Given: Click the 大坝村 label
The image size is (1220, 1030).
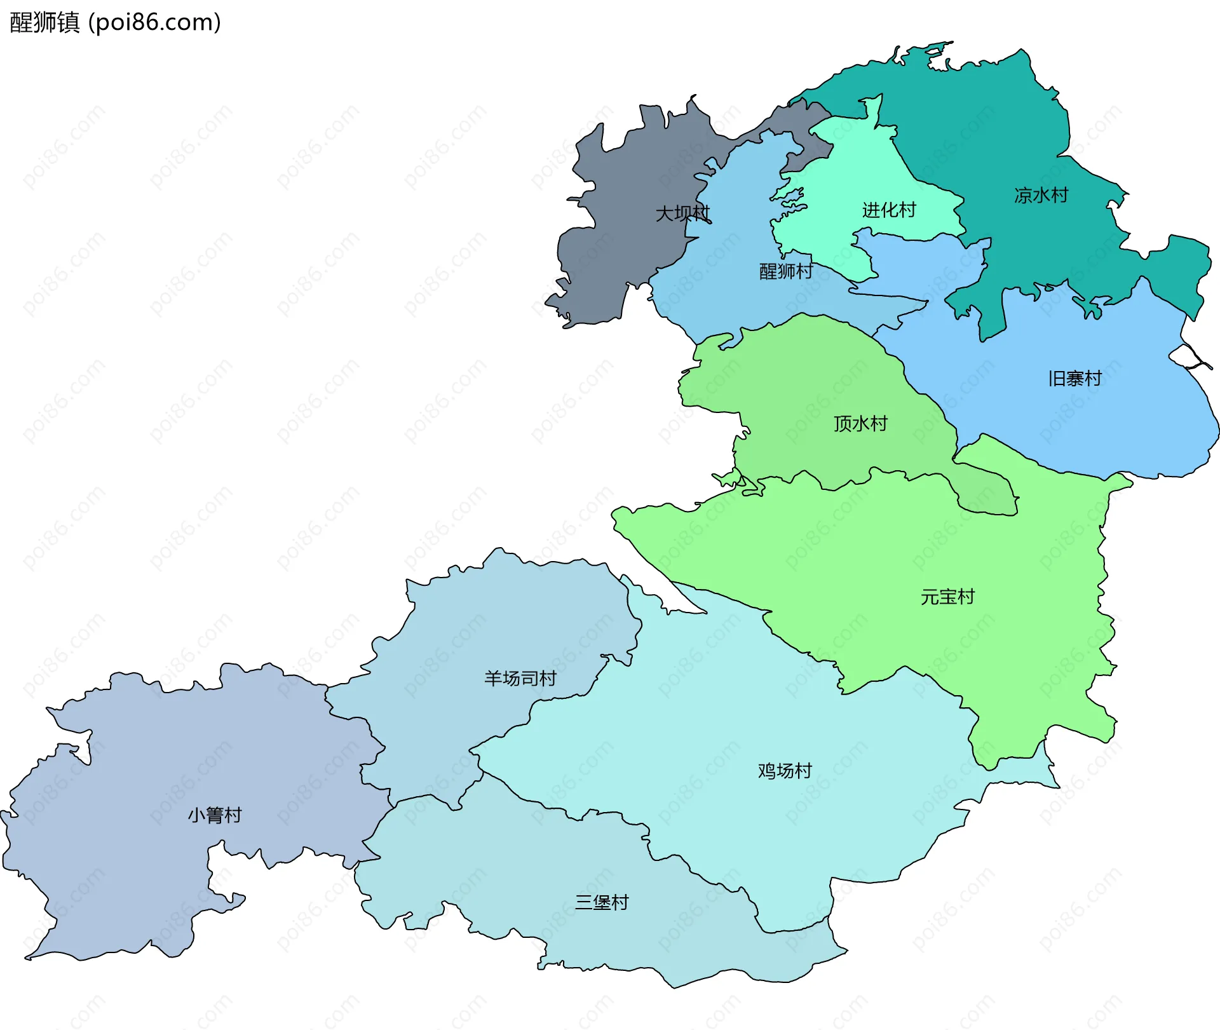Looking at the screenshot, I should point(682,213).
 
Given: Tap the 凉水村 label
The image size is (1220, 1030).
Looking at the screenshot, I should point(1041,195).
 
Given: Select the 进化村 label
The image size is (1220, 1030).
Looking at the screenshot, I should point(889,210).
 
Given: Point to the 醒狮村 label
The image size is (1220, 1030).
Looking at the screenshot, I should point(786,271).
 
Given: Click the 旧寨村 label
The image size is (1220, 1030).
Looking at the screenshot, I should point(1074,379).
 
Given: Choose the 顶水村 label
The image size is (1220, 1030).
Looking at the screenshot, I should point(860,423).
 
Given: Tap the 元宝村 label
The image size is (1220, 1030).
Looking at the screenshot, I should point(947,597).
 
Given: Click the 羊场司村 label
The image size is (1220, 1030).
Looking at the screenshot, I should point(520,678).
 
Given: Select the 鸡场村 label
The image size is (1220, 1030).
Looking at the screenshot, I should point(785,771).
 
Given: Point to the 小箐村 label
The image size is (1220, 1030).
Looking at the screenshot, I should point(215,815).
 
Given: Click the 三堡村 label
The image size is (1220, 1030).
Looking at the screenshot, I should point(601,902).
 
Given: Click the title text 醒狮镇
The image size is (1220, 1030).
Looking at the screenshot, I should point(44,22).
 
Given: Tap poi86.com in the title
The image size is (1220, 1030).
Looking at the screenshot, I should point(154,22).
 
